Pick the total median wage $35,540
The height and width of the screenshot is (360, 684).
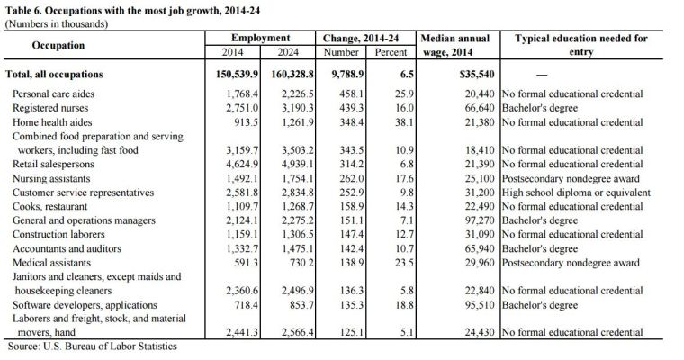pos(468,74)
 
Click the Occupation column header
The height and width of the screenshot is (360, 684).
pos(58,45)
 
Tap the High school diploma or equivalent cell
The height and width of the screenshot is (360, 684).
pos(575,193)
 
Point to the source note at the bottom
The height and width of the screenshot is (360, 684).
pos(91,346)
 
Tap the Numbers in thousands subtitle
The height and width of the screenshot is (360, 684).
pos(57,22)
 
